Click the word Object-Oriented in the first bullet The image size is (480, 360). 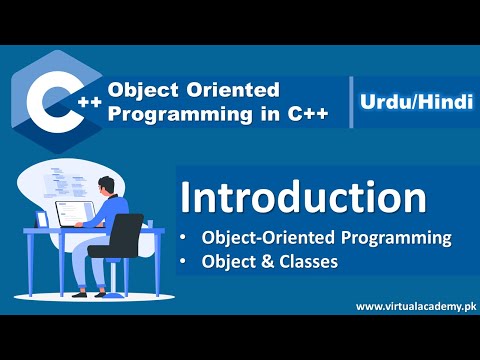(262, 239)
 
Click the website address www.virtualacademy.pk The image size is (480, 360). (414, 306)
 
